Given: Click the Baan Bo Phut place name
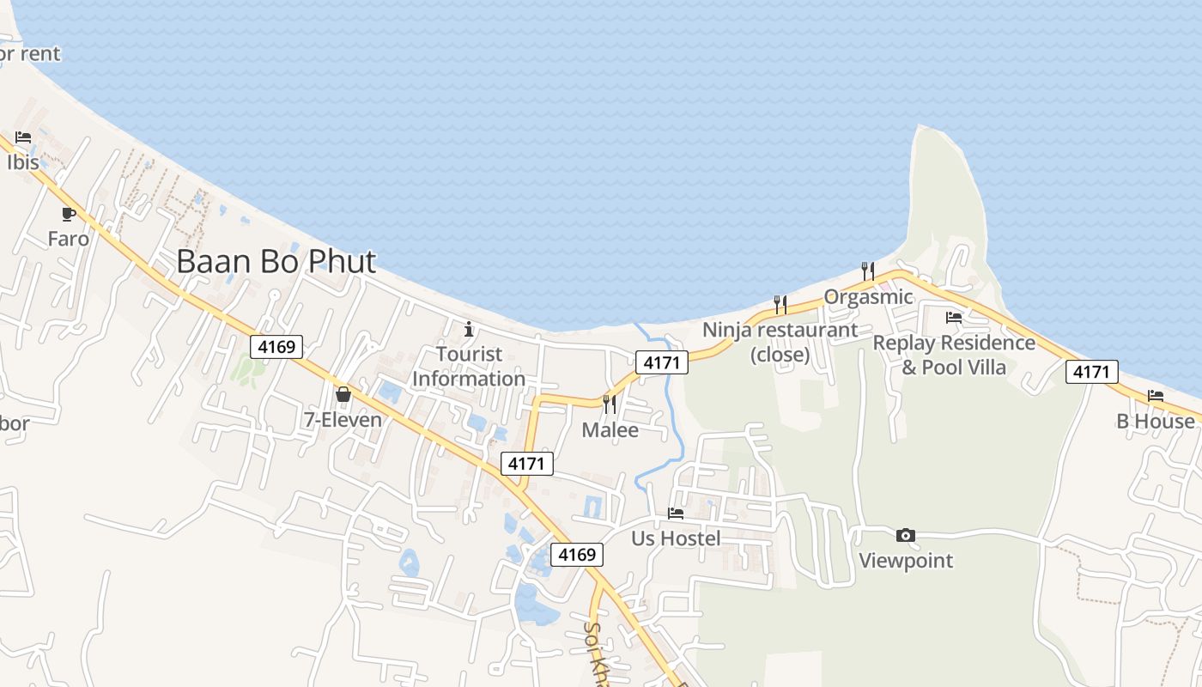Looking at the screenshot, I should click(276, 261).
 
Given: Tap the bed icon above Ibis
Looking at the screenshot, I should click(23, 137).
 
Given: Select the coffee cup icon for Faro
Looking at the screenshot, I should click(69, 214).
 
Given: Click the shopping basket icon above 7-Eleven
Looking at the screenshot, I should click(343, 394).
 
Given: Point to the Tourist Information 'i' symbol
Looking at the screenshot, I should click(469, 329).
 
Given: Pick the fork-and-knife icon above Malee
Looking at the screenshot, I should click(610, 404).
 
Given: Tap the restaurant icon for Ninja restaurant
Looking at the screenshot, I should click(780, 304).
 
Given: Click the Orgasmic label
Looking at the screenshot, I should click(868, 297).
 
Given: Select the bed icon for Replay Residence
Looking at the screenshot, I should click(954, 317).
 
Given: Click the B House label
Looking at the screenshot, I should click(1155, 422).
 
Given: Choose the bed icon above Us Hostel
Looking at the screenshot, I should click(676, 514).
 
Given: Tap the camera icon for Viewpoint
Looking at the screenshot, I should click(905, 536).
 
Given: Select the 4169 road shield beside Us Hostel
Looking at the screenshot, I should click(576, 555).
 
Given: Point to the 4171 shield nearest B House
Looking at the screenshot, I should click(1092, 372).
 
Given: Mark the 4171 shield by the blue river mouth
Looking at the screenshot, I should click(662, 362).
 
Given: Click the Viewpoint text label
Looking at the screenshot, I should click(906, 561).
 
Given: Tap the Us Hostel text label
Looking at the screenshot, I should click(676, 538).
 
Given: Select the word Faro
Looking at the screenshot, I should click(69, 239).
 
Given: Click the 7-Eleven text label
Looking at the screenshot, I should click(343, 420).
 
